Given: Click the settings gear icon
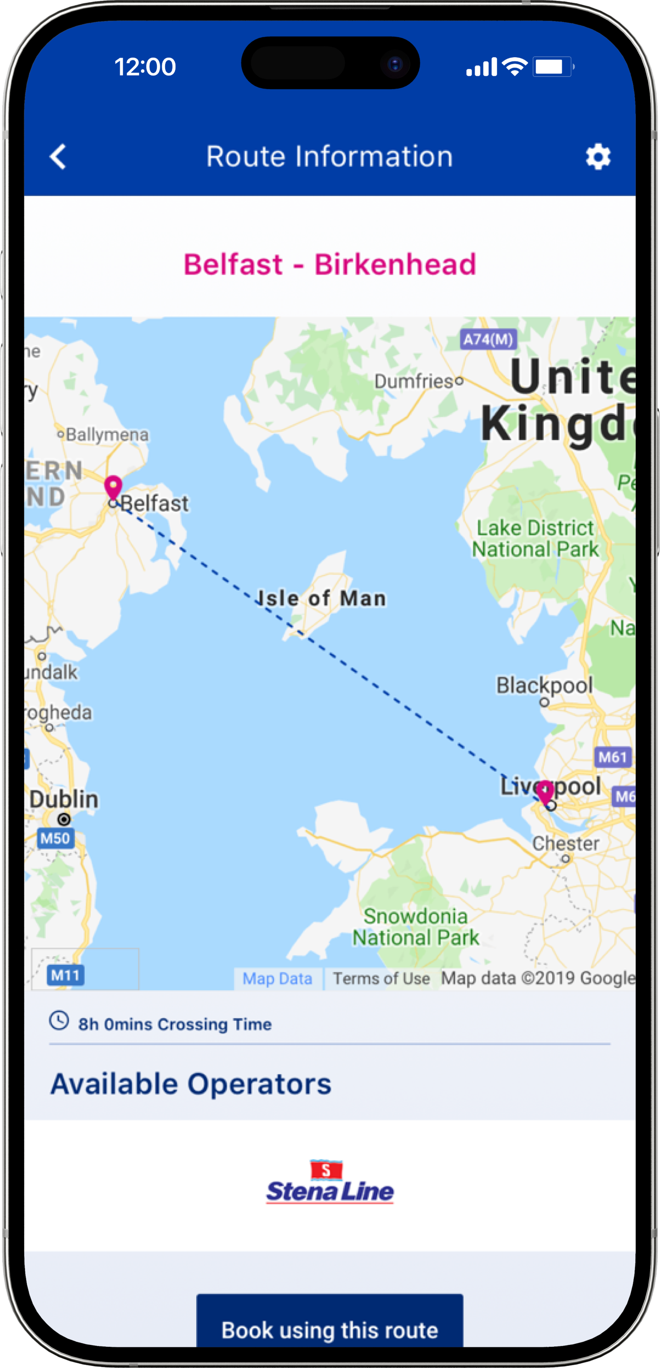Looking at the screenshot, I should click(x=598, y=157).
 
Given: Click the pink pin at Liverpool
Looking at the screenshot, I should click(x=545, y=791).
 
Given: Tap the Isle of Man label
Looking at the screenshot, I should click(x=321, y=599).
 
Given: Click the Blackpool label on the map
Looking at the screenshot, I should click(x=544, y=685).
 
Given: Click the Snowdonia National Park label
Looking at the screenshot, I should click(x=416, y=927).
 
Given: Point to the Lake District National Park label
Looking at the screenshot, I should click(x=535, y=538).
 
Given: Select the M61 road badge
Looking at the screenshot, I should click(x=613, y=757).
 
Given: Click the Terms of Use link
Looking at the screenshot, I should click(x=381, y=978).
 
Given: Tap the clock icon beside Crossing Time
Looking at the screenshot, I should click(x=59, y=1020).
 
